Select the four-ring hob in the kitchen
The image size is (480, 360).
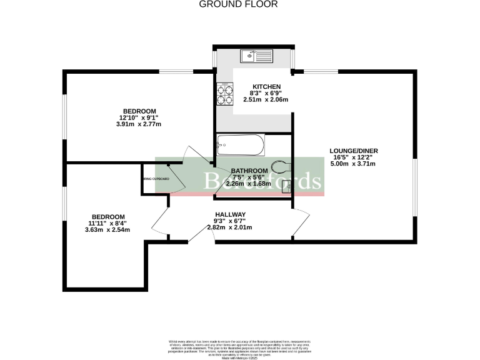[x=224, y=94]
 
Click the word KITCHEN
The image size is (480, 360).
[x=266, y=87]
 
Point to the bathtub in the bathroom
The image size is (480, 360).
[x=240, y=146]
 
